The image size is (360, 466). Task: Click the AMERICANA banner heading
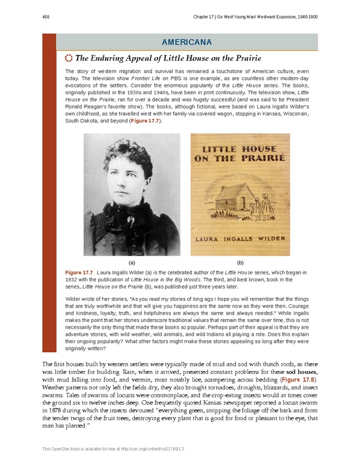[187, 42]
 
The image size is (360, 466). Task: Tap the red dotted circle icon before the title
[69, 58]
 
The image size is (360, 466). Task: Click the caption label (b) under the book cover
[240, 261]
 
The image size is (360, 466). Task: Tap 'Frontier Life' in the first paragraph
[158, 81]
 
